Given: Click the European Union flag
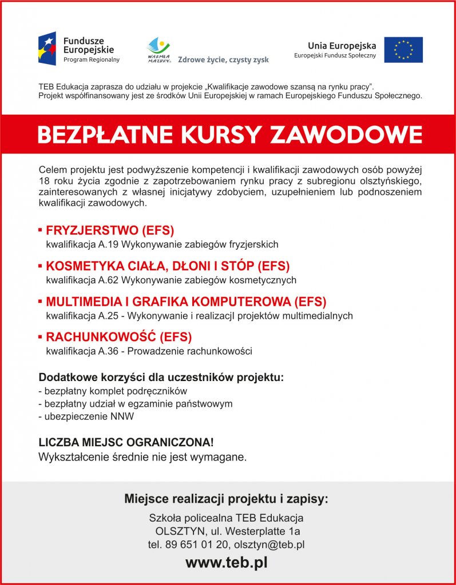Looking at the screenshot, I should click(x=403, y=50).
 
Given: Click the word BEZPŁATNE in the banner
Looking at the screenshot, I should click(x=104, y=135).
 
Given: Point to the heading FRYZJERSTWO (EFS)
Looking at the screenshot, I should click(x=110, y=231).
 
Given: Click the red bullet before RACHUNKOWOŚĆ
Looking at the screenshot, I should click(x=41, y=336).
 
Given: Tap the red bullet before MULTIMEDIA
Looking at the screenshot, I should click(x=41, y=301).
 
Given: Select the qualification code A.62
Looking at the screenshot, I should click(x=109, y=280).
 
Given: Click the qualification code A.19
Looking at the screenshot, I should click(x=109, y=245).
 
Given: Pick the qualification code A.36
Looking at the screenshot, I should click(x=109, y=351).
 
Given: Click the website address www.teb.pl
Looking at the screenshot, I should click(x=227, y=562).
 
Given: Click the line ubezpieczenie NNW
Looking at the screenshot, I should click(x=86, y=416).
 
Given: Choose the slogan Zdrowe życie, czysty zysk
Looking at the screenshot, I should click(x=223, y=59).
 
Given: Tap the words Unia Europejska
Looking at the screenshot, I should click(x=342, y=46).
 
